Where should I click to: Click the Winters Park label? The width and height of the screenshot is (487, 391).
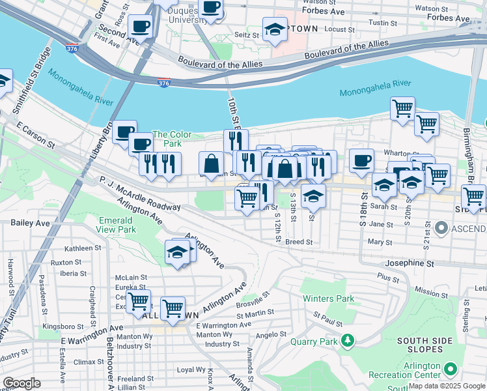click(x=328, y=299)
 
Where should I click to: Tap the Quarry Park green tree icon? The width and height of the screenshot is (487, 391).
click(x=348, y=340)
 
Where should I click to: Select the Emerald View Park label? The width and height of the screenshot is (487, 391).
click(x=117, y=225)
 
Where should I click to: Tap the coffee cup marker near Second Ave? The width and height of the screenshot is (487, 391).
click(x=140, y=27)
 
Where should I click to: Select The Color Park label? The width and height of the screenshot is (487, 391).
click(x=172, y=139)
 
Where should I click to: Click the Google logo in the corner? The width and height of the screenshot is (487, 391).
click(x=21, y=383)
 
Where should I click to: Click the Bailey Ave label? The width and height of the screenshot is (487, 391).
click(x=30, y=222)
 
